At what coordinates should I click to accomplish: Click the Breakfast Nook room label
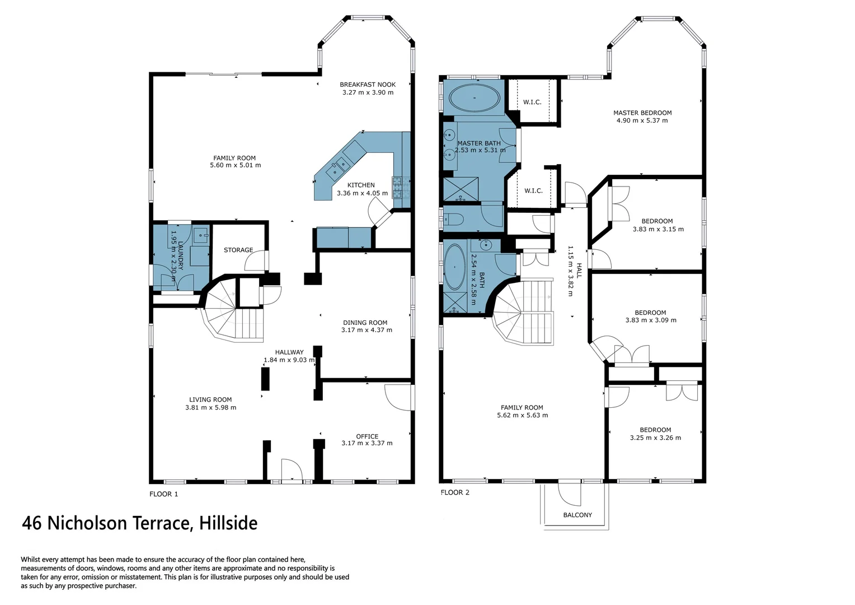[368, 85]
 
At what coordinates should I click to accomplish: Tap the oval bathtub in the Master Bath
[474, 97]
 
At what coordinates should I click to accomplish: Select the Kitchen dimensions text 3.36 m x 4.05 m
[362, 193]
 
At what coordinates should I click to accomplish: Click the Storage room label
[238, 250]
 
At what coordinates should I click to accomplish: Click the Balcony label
[577, 515]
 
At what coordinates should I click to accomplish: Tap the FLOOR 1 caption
[163, 494]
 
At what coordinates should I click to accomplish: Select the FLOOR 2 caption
[455, 492]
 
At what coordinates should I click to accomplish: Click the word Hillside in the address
[228, 523]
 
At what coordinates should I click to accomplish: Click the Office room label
[367, 436]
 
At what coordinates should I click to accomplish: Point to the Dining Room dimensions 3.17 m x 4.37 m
[367, 331]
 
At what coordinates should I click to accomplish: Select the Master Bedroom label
[642, 113]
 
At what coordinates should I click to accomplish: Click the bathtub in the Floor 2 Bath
[454, 267]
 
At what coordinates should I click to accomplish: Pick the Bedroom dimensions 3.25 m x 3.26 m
[655, 438]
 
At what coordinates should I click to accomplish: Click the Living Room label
[210, 399]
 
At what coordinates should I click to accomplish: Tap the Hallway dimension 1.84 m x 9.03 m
[289, 360]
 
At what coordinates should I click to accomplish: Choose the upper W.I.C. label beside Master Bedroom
[532, 102]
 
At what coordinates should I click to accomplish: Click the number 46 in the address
[31, 523]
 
